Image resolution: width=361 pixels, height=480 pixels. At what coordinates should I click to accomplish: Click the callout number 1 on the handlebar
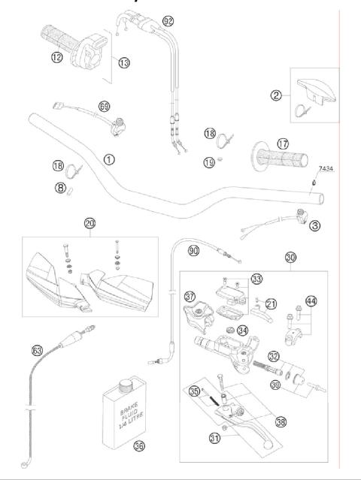[110, 159]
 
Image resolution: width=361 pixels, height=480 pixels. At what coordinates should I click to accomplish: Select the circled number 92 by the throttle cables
[168, 20]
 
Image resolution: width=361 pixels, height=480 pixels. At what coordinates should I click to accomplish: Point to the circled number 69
[104, 106]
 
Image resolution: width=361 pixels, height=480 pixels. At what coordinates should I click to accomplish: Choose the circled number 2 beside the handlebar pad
[277, 95]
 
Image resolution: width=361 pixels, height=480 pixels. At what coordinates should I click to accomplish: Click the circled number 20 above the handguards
[90, 225]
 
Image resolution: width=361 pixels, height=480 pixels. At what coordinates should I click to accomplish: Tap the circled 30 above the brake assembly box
[291, 258]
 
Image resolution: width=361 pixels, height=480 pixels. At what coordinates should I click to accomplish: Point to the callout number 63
[37, 350]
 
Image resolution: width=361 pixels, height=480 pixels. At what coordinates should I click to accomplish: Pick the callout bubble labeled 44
[311, 300]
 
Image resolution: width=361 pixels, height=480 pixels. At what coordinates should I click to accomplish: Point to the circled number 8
[59, 189]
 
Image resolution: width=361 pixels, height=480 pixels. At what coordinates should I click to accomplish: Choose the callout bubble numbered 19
[210, 161]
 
